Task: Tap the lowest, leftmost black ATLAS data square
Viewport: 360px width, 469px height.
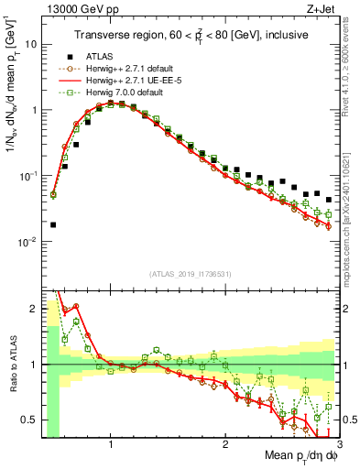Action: point(53,224)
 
